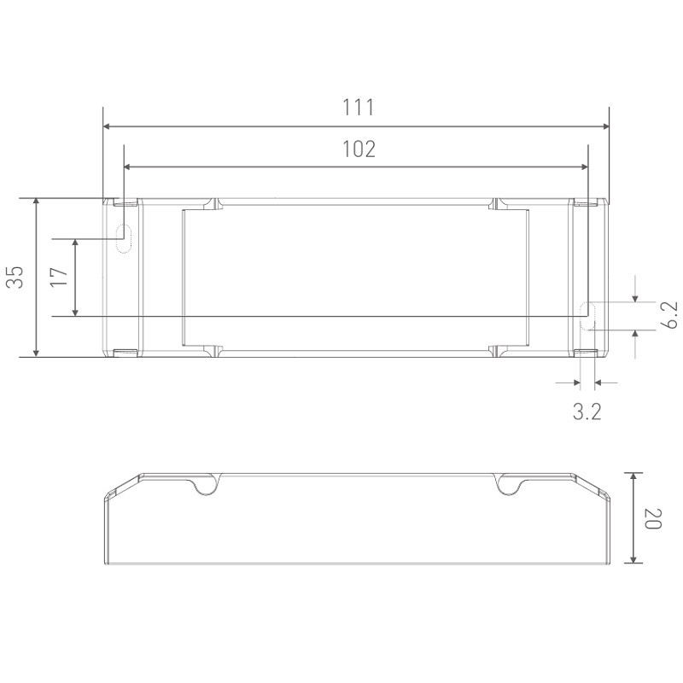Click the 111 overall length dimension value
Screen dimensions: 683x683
359,108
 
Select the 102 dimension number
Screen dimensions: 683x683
359,149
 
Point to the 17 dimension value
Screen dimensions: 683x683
57,277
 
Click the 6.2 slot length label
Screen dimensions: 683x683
668,315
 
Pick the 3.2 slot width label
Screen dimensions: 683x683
587,412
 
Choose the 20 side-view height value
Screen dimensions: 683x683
653,518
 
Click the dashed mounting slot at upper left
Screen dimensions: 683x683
124,238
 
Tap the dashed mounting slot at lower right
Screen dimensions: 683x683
587,315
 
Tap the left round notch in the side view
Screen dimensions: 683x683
204,486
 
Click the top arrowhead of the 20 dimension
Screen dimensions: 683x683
633,476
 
